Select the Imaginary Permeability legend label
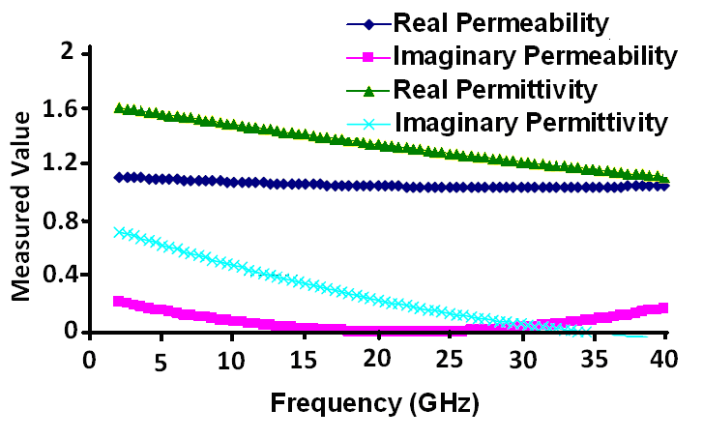coord(533,56)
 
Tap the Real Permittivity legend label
coord(493,89)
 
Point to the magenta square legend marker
coord(368,57)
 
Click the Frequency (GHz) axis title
coord(374,400)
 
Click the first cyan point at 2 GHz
coord(118,232)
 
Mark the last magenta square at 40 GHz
coord(664,307)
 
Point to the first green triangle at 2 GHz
coord(118,107)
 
